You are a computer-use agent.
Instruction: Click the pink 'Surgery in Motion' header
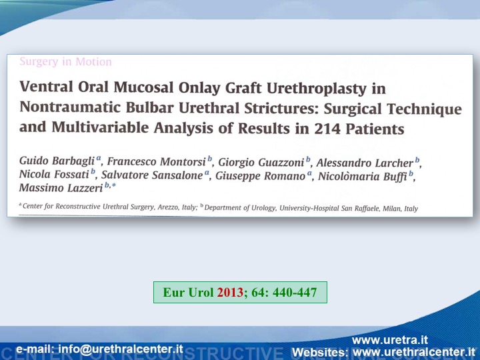pyautogui.click(x=65, y=61)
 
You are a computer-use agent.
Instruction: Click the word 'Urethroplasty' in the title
pyautogui.click(x=317, y=88)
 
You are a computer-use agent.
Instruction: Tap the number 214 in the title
pyautogui.click(x=327, y=129)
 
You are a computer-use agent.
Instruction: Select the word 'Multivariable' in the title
pyautogui.click(x=101, y=127)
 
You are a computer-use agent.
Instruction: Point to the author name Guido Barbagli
pyautogui.click(x=57, y=161)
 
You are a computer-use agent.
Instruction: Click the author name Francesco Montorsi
pyautogui.click(x=156, y=161)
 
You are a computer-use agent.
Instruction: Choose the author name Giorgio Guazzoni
pyautogui.click(x=261, y=162)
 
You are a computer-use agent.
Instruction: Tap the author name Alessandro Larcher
pyautogui.click(x=365, y=163)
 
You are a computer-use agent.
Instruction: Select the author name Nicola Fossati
pyautogui.click(x=54, y=174)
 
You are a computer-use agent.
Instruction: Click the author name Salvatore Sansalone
pyautogui.click(x=152, y=175)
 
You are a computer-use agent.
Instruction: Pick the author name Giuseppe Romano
pyautogui.click(x=260, y=176)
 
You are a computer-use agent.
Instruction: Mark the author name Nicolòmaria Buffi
pyautogui.click(x=363, y=177)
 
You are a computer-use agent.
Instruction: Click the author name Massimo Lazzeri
pyautogui.click(x=61, y=187)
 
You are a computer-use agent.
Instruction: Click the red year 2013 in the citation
pyautogui.click(x=230, y=293)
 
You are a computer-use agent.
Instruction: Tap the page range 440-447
pyautogui.click(x=295, y=293)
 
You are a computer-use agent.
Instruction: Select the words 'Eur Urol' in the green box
pyautogui.click(x=188, y=293)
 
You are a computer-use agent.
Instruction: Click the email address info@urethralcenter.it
pyautogui.click(x=121, y=349)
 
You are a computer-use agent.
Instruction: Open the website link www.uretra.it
pyautogui.click(x=390, y=340)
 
